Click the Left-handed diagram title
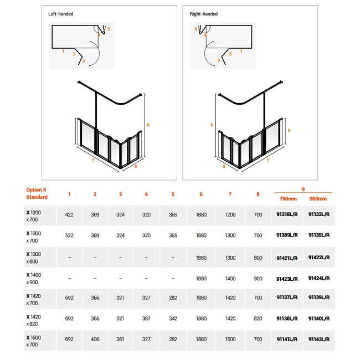[x=61, y=14]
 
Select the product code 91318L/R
[x=287, y=214]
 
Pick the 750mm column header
[x=287, y=199]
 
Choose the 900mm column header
[x=318, y=199]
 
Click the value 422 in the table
[x=69, y=214]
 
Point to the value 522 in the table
[x=69, y=235]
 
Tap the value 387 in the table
[x=146, y=318]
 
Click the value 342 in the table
[x=173, y=318]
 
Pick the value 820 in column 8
[x=258, y=318]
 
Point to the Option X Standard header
[x=37, y=193]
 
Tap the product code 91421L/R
[x=287, y=257]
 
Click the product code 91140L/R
[x=319, y=318]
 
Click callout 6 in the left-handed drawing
[x=148, y=125]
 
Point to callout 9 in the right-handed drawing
[x=289, y=130]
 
